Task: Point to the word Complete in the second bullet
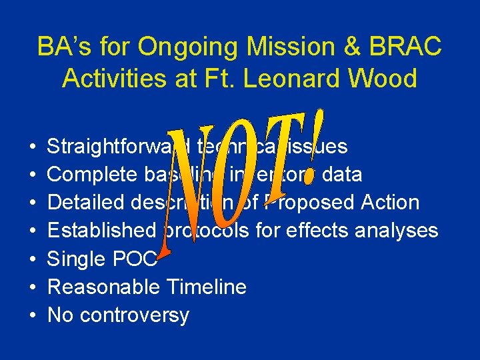click(92, 174)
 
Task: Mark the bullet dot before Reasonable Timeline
click(33, 287)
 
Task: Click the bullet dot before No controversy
click(33, 315)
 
